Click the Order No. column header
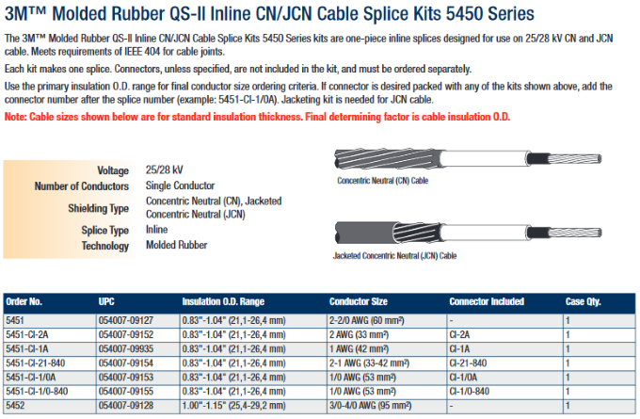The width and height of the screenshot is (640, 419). tap(24, 302)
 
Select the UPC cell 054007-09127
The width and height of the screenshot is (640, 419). tap(126, 320)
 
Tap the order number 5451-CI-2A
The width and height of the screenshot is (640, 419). tap(27, 335)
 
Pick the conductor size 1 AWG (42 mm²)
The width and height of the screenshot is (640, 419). tap(359, 349)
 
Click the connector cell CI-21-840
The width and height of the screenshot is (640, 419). tap(468, 363)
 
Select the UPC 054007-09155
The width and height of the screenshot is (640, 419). tap(126, 392)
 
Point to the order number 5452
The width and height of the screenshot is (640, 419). tap(15, 406)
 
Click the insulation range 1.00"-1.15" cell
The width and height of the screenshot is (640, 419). tap(233, 406)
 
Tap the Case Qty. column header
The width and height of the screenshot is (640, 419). tap(583, 302)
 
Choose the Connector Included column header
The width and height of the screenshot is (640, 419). tap(487, 302)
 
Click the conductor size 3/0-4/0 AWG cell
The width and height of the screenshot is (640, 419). tap(370, 406)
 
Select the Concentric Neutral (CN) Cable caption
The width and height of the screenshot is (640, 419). tap(382, 181)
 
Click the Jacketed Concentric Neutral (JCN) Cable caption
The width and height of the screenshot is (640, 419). tap(394, 256)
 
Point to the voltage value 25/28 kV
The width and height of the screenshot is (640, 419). tap(165, 169)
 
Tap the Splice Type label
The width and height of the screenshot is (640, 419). tap(104, 231)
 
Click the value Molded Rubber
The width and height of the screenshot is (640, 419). tap(177, 245)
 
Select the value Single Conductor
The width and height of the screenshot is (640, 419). tap(180, 185)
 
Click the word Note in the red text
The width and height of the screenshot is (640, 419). tap(15, 117)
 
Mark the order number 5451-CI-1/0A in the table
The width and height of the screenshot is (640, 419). tap(31, 378)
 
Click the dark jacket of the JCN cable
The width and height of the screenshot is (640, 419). tap(364, 233)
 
